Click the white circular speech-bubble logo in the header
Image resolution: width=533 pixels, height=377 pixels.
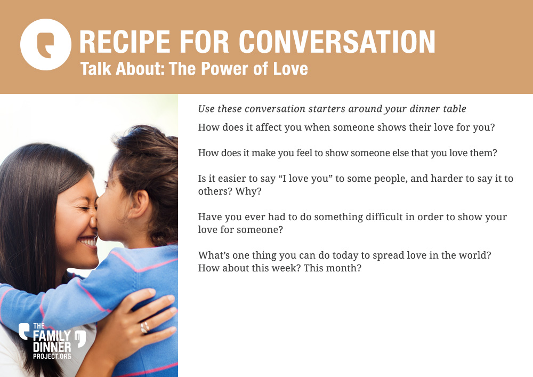(x=46, y=45)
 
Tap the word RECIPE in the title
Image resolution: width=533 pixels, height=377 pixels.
(x=124, y=42)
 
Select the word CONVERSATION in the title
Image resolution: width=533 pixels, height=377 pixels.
(x=337, y=42)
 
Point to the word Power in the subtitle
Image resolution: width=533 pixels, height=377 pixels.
(x=224, y=69)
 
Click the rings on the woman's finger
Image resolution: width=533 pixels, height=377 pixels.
(x=145, y=327)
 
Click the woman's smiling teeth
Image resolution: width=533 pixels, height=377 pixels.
(x=88, y=242)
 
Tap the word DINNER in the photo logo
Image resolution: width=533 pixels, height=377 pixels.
(x=52, y=347)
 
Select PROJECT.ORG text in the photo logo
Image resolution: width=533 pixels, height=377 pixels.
(x=52, y=356)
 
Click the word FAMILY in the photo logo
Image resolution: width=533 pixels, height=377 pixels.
(x=52, y=336)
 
